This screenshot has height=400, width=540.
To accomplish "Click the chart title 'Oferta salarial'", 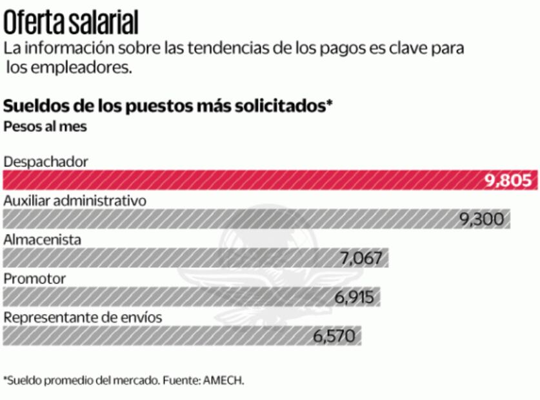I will pos(71,23).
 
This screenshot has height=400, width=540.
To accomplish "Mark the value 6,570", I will pos(334,336).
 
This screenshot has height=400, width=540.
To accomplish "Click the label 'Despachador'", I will pos(45,161).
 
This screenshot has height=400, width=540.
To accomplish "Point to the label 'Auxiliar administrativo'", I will pos(75,201).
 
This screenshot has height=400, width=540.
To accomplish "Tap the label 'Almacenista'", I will pos(43,239).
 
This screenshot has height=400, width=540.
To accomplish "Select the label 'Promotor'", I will pos(35,279).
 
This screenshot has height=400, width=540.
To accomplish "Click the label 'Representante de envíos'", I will pos(83,317).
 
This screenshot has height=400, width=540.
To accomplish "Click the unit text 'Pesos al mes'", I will pos(45,126).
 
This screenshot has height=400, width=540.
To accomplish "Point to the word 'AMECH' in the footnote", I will pos(223,380).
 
